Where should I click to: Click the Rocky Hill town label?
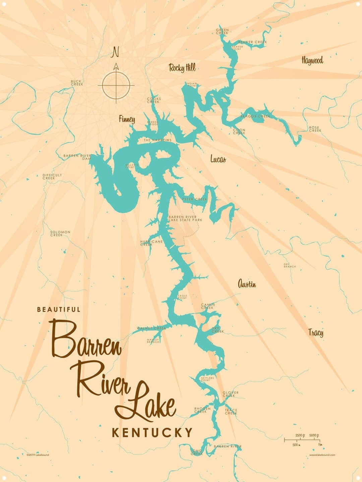click(182, 68)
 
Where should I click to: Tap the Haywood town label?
click(312, 61)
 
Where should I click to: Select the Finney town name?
click(127, 119)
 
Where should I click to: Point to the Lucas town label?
click(218, 159)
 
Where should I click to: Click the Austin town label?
click(247, 284)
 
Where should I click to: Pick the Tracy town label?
click(316, 332)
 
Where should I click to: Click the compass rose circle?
click(116, 85)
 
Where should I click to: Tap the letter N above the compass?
click(116, 52)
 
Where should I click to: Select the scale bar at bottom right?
click(303, 440)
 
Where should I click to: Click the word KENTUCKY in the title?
click(152, 432)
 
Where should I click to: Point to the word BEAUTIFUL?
click(59, 310)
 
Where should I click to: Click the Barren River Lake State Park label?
click(185, 218)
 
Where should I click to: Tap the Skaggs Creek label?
click(255, 116)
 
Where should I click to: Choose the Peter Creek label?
click(194, 199)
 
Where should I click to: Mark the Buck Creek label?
click(77, 83)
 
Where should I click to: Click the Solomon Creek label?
click(60, 233)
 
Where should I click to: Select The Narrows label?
click(158, 140)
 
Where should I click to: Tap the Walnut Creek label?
click(151, 328)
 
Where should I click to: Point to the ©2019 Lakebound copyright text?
click(38, 455)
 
